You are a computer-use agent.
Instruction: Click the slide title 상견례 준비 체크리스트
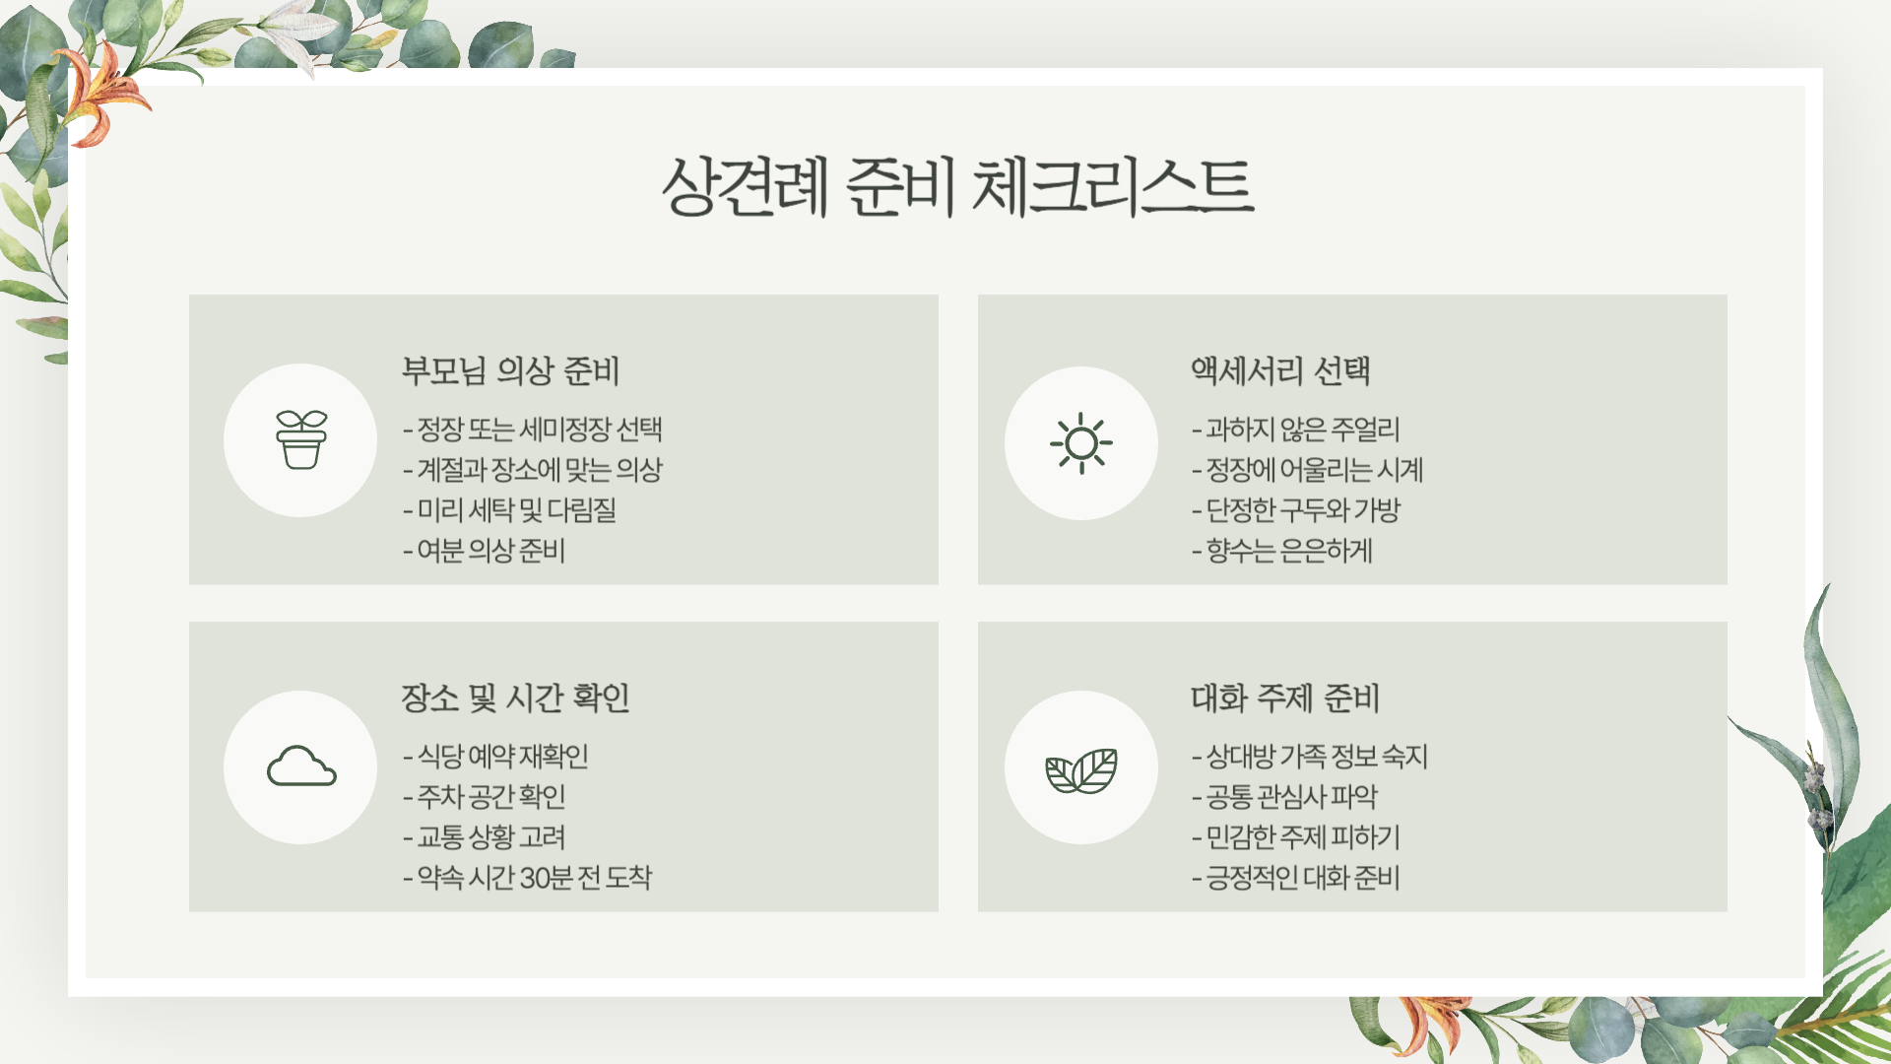957,186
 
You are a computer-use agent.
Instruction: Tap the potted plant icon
300,439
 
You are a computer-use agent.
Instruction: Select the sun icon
1080,442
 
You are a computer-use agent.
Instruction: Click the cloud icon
300,766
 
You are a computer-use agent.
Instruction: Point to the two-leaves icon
1080,769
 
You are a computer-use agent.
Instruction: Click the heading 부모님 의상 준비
510,370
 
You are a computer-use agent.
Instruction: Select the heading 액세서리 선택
1280,370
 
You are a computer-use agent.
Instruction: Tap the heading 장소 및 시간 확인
515,698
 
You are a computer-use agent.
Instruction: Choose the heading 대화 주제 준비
1285,698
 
